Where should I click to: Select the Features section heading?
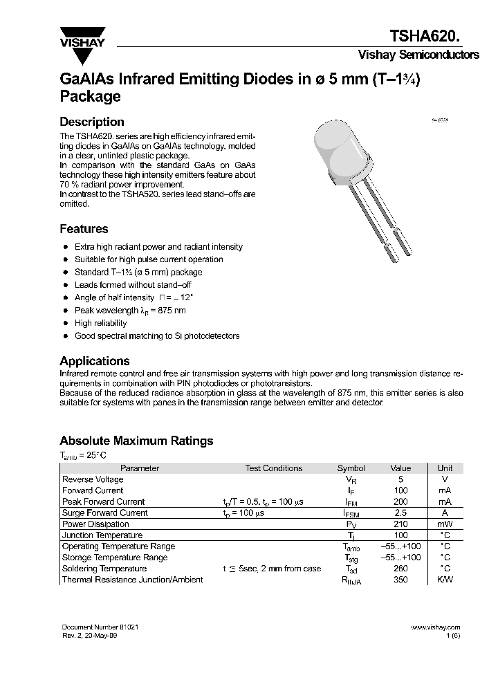[84, 229]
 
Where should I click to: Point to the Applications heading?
[94, 361]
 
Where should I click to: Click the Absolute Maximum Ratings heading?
[136, 441]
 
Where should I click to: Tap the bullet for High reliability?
[65, 323]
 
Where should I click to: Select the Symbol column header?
[351, 468]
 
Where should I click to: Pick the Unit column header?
[445, 468]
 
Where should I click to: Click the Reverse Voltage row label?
[93, 479]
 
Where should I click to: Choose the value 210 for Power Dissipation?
[400, 524]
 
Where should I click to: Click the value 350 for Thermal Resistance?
[400, 580]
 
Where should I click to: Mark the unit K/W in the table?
[445, 580]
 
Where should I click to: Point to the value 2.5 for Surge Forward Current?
[400, 513]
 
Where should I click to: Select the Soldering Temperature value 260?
[400, 569]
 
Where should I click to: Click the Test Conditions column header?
[273, 468]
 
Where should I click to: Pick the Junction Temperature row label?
[102, 535]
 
